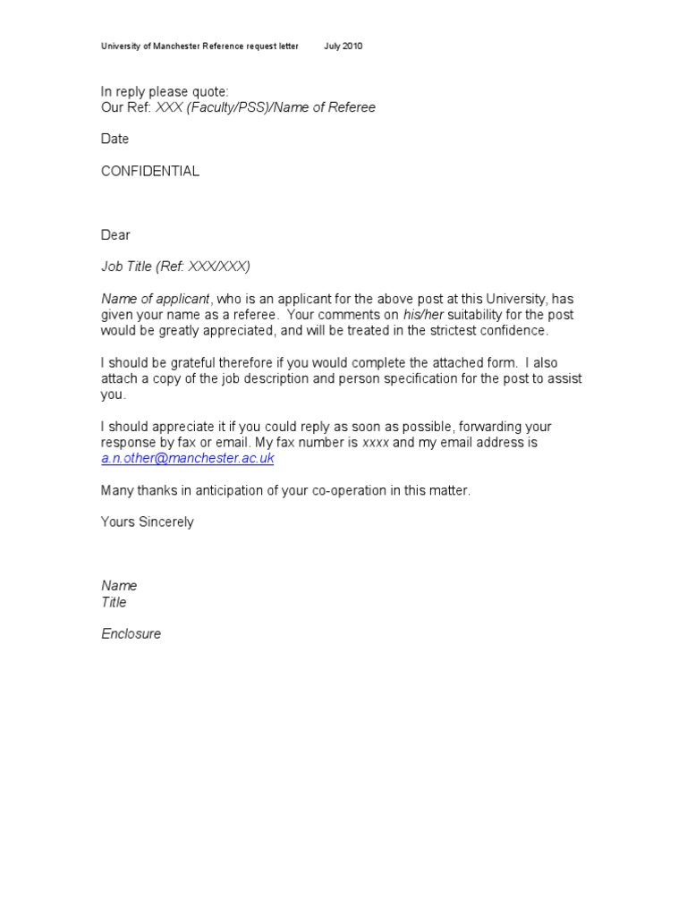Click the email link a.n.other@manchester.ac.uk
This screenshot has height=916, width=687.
point(187,459)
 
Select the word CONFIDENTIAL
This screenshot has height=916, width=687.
point(149,172)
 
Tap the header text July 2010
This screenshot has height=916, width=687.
point(343,47)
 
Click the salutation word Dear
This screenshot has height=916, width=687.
point(115,235)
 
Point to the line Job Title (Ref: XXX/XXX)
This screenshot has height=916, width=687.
point(175,267)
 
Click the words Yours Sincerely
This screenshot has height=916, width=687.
point(147,522)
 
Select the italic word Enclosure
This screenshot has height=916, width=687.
point(131,634)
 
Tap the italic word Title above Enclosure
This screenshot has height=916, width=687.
point(114,603)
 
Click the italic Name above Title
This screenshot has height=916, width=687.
point(119,586)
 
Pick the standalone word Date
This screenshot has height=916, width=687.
point(114,140)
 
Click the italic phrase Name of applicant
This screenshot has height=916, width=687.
point(155,299)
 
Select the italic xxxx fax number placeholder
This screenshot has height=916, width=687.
point(375,443)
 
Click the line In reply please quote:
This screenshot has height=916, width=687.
point(165,92)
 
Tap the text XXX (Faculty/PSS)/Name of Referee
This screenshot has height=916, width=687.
point(266,108)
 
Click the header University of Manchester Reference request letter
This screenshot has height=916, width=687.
point(199,47)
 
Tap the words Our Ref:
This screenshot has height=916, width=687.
point(126,108)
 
